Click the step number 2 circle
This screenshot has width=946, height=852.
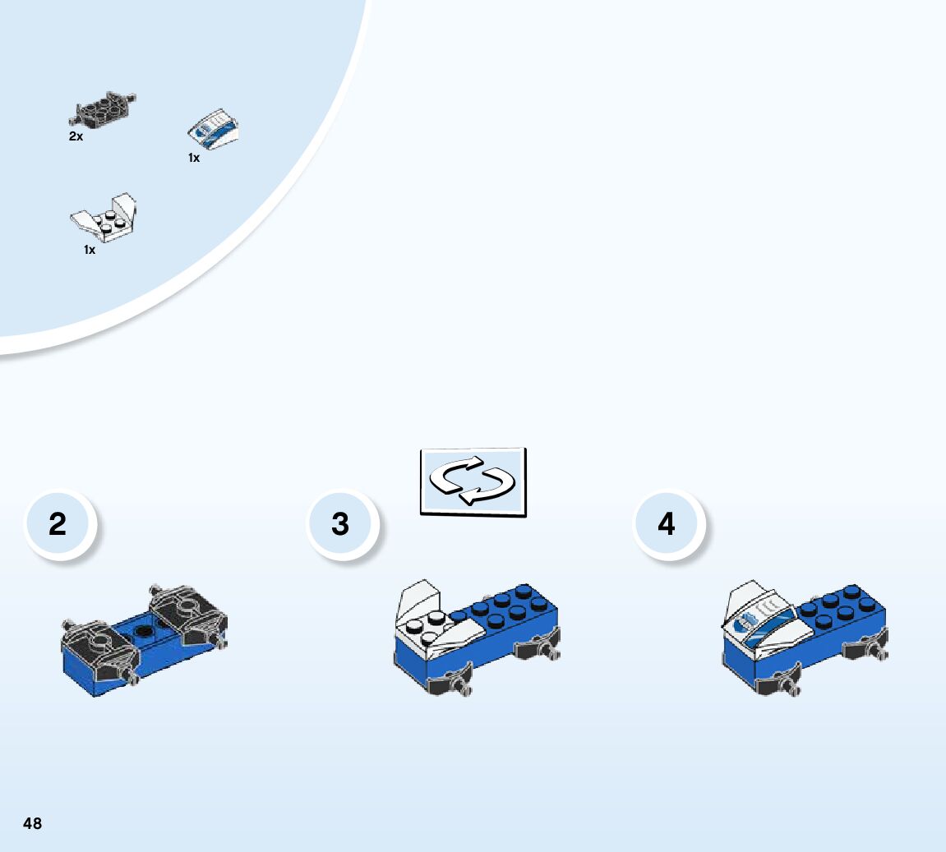tap(58, 524)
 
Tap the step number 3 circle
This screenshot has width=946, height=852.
tap(341, 524)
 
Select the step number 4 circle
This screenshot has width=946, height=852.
tap(667, 524)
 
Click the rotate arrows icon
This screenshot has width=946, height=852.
tap(473, 481)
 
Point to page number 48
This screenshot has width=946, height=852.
tap(32, 823)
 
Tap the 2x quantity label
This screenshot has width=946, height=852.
tap(76, 137)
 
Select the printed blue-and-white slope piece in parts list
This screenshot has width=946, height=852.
tap(215, 131)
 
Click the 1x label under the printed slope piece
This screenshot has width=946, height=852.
tap(194, 158)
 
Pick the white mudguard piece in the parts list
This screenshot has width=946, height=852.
tap(104, 215)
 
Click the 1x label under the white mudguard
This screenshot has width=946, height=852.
tap(90, 250)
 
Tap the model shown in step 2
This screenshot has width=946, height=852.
tap(144, 641)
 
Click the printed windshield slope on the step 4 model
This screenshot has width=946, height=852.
tap(760, 624)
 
